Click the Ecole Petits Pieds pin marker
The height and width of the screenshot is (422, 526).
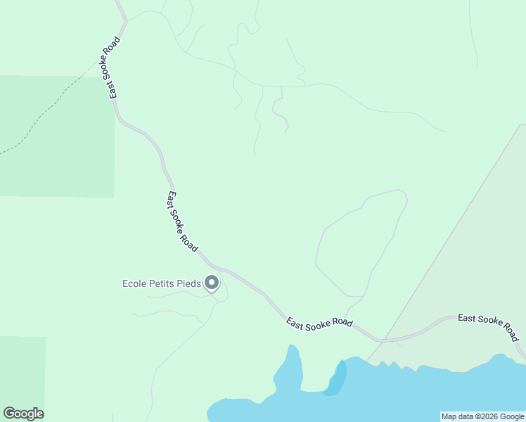pos(212,283)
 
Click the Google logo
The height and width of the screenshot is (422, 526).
pos(23,414)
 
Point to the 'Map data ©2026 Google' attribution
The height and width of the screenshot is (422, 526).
pos(482,416)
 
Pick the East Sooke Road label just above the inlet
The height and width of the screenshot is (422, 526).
pos(319,322)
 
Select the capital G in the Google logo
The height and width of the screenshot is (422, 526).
pos(9,414)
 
